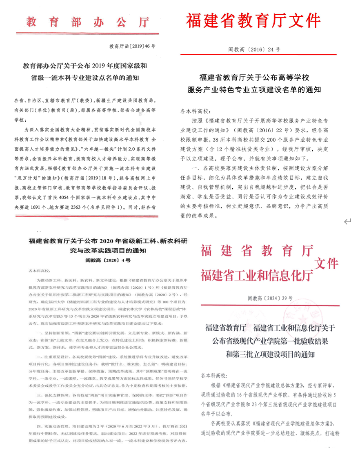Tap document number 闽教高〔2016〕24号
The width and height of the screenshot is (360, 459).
coord(254,50)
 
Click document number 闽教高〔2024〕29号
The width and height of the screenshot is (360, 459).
coord(270,299)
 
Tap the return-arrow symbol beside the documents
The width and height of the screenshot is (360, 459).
coord(348,221)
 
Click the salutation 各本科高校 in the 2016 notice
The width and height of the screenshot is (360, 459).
coord(195,111)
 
